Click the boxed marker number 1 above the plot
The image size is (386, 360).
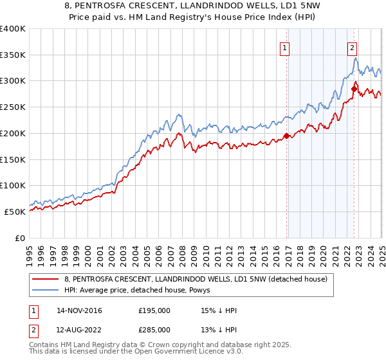pyautogui.click(x=284, y=46)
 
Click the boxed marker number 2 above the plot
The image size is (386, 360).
pyautogui.click(x=353, y=46)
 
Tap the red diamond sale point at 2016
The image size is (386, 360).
pyautogui.click(x=286, y=136)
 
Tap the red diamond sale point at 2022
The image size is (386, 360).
pyautogui.click(x=354, y=89)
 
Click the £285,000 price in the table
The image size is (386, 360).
pyautogui.click(x=154, y=330)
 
